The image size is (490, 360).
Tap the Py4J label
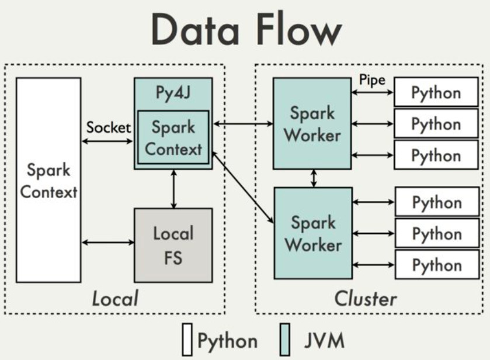(173, 94)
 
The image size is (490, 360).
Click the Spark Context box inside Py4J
(173, 137)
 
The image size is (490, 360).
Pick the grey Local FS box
(173, 245)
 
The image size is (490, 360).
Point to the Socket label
(109, 127)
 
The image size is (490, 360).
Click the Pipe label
(372, 80)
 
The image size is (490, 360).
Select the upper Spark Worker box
(314, 123)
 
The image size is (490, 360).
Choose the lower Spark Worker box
(314, 233)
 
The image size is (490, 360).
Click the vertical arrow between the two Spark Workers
(314, 178)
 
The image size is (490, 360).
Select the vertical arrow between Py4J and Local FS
(173, 189)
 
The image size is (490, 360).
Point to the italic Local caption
(115, 299)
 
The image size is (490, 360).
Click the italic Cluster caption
(366, 299)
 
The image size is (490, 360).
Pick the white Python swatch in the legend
(187, 340)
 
